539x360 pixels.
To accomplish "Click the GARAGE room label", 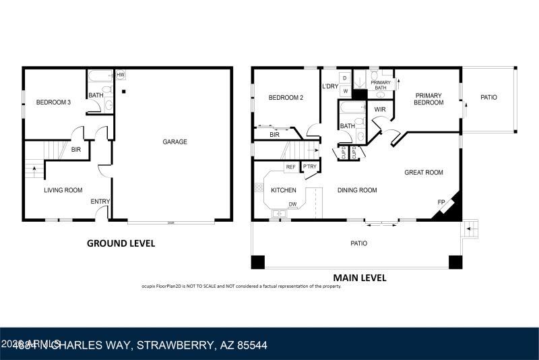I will [175, 142].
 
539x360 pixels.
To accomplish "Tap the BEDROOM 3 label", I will [53, 102].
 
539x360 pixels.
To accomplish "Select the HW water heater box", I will [121, 75].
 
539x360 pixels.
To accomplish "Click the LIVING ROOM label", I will [63, 190].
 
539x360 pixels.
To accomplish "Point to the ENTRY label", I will [100, 201].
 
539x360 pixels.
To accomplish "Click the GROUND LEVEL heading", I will [121, 243].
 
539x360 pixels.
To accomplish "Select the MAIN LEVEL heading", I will [359, 277].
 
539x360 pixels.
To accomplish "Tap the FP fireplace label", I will [441, 202].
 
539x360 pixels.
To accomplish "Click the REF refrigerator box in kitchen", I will [291, 167].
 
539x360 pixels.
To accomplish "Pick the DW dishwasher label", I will [292, 204].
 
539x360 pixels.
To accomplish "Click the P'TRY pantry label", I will [310, 167].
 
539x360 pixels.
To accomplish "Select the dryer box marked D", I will [344, 78].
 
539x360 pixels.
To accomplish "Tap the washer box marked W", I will [345, 90].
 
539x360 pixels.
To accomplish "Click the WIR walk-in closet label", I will [380, 109].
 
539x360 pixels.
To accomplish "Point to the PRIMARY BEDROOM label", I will [429, 99].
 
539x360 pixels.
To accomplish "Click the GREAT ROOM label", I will [423, 173].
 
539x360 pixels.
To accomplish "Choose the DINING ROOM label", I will [357, 190].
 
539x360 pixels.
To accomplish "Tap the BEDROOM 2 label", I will [286, 98].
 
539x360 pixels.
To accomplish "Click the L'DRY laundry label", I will [329, 86].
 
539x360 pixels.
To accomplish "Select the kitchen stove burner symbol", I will [259, 187].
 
